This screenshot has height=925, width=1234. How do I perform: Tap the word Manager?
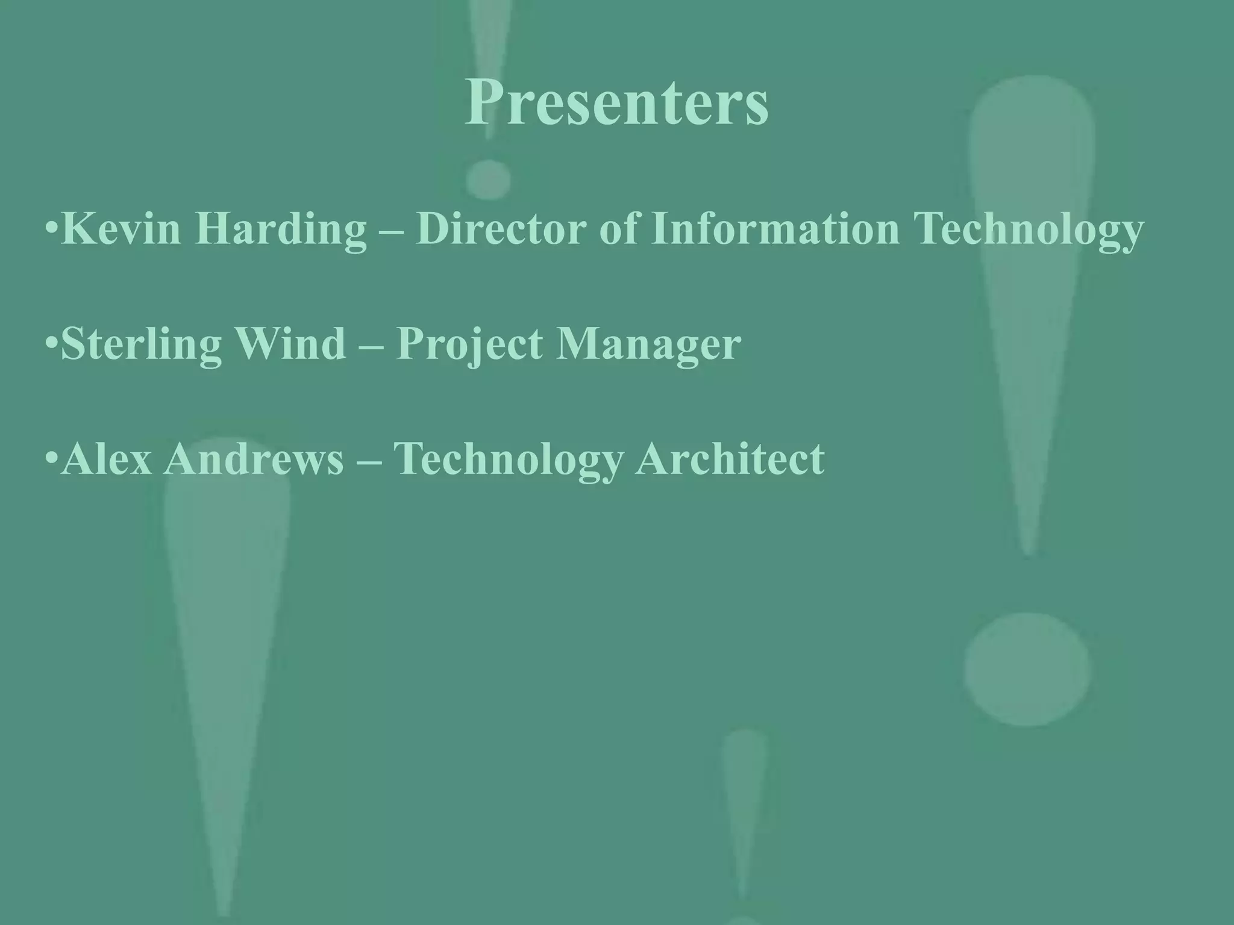[648, 345]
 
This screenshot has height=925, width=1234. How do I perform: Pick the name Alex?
[106, 459]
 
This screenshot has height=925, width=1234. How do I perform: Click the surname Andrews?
[253, 459]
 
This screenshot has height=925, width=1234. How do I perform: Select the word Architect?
[729, 459]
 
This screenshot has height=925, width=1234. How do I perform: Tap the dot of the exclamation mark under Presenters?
[489, 179]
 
